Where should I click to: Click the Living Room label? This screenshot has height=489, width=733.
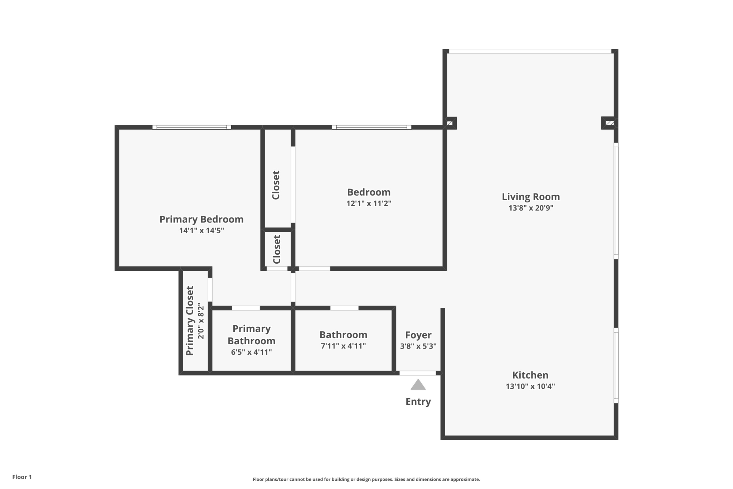pyautogui.click(x=530, y=197)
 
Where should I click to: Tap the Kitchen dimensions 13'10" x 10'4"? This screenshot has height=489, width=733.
pyautogui.click(x=530, y=386)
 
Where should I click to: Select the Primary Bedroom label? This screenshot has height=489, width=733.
pyautogui.click(x=202, y=219)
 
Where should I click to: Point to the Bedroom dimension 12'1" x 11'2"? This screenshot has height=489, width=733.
pyautogui.click(x=369, y=203)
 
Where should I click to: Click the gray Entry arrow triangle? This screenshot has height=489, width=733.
pyautogui.click(x=418, y=385)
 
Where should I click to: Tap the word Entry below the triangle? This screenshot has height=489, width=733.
pyautogui.click(x=418, y=402)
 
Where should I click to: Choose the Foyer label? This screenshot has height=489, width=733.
pyautogui.click(x=418, y=335)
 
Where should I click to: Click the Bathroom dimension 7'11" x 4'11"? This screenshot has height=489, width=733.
pyautogui.click(x=343, y=346)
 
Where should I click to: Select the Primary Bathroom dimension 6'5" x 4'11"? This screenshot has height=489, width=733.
pyautogui.click(x=251, y=352)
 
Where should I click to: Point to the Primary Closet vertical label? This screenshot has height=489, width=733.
pyautogui.click(x=190, y=321)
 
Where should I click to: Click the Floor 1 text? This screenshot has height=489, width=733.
pyautogui.click(x=22, y=477)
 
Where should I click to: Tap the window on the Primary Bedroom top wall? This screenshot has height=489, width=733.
pyautogui.click(x=191, y=127)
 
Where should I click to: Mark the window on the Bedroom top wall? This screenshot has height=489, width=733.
pyautogui.click(x=372, y=127)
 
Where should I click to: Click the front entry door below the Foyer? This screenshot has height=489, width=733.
pyautogui.click(x=418, y=373)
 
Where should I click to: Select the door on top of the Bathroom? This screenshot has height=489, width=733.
pyautogui.click(x=344, y=308)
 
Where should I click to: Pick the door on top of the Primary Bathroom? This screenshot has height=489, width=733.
pyautogui.click(x=246, y=308)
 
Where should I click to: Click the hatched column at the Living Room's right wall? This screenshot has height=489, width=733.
pyautogui.click(x=610, y=123)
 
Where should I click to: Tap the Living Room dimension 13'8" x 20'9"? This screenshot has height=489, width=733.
pyautogui.click(x=531, y=208)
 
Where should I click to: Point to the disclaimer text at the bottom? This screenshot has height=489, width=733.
pyautogui.click(x=366, y=479)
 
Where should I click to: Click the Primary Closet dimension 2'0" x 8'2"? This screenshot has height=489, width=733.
pyautogui.click(x=201, y=321)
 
